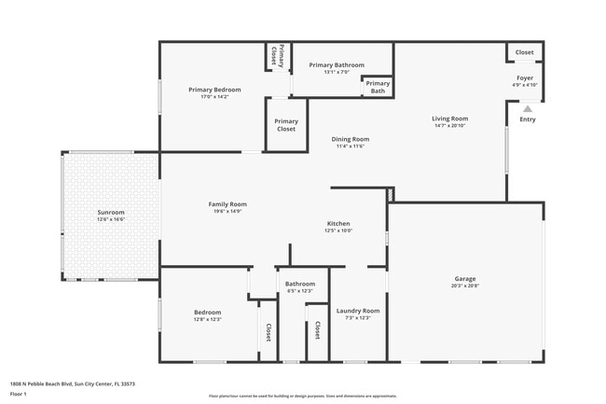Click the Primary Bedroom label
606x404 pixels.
pos(214,90)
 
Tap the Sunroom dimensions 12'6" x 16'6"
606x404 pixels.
pos(111,219)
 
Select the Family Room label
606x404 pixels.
pos(227,203)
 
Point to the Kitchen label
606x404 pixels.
pos(337,224)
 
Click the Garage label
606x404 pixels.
pos(465,278)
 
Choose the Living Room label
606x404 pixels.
pos(449,118)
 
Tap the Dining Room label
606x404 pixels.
pos(351,139)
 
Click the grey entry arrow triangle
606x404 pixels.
pos(528,108)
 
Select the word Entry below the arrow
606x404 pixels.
pos(528,119)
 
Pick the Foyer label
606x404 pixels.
pos(525,78)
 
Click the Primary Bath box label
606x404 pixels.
pos(379,88)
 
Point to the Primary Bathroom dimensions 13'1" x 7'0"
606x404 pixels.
pos(337,73)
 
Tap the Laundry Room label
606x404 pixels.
pos(358,311)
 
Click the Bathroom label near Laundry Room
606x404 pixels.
pos(300,284)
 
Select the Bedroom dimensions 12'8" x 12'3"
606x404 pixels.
pos(207,319)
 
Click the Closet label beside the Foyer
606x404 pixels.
pos(525,52)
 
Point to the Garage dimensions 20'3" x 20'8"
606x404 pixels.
pos(465,286)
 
